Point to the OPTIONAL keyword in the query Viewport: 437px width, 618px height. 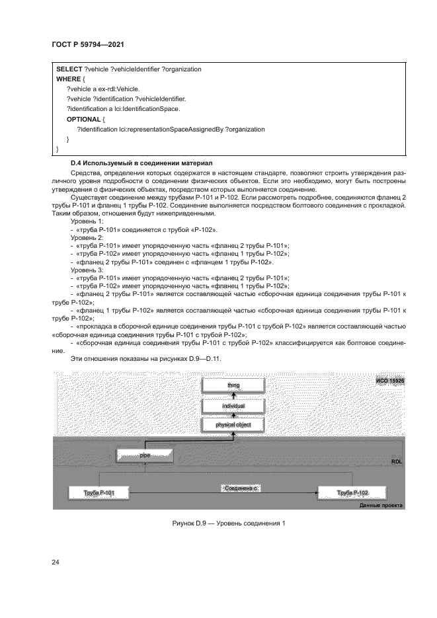[x=84, y=119]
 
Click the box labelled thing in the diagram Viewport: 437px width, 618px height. [x=232, y=384]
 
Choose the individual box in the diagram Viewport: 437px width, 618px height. [x=232, y=405]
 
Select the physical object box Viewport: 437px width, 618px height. [x=232, y=424]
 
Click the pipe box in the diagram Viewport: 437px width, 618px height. [x=145, y=455]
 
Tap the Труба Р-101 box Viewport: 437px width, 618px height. [x=99, y=493]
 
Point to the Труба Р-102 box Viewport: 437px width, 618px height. [x=352, y=493]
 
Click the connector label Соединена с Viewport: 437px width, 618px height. [x=241, y=488]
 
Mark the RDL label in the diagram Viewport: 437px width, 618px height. [x=396, y=463]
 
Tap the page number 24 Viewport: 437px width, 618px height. [x=56, y=562]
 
